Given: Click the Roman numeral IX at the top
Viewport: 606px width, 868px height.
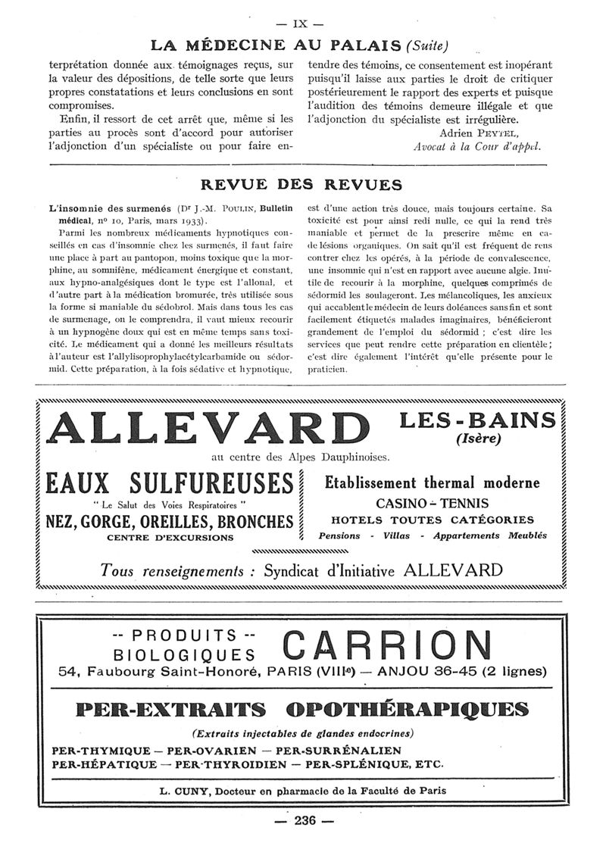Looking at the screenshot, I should pyautogui.click(x=303, y=23).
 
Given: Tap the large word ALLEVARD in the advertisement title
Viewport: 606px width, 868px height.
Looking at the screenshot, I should pyautogui.click(x=205, y=428).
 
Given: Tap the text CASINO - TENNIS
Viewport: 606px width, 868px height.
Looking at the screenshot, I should pyautogui.click(x=433, y=503).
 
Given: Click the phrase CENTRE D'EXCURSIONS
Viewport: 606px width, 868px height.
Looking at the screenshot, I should pyautogui.click(x=170, y=538).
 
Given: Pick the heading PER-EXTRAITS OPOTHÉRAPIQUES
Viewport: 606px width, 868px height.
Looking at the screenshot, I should pyautogui.click(x=302, y=710).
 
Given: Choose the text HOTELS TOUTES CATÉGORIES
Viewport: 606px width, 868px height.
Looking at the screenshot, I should pyautogui.click(x=433, y=520).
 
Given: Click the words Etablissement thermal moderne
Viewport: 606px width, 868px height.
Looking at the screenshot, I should pyautogui.click(x=433, y=482).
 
